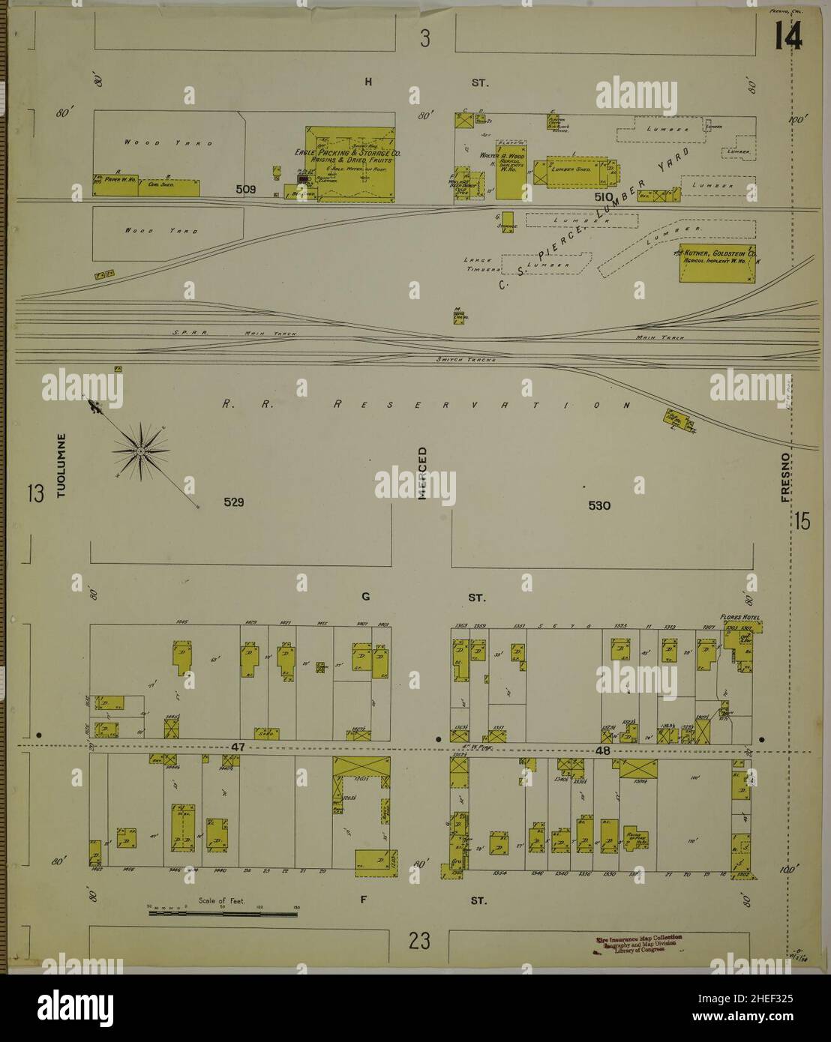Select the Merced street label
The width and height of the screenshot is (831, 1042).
[x=421, y=473]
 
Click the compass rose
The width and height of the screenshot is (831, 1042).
[x=139, y=451]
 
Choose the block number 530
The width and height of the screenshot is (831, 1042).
[x=599, y=506]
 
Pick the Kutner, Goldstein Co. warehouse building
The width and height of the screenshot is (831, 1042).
[x=717, y=262]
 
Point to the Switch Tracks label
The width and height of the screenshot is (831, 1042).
[x=465, y=359]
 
